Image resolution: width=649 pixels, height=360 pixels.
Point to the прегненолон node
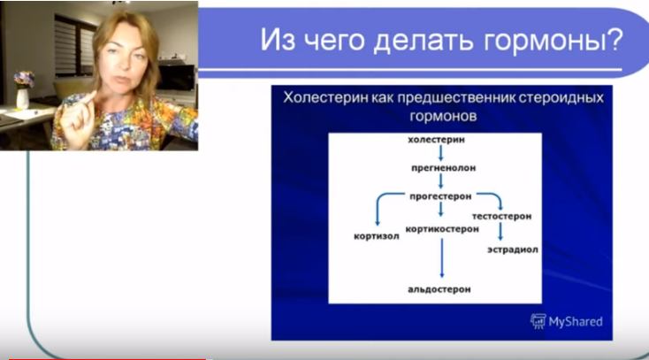pos(439,165)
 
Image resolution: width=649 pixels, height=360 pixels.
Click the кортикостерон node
pos(442,228)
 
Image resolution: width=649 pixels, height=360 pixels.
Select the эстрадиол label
pos(513,249)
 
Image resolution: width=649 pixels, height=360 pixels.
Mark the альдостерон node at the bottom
pos(439,289)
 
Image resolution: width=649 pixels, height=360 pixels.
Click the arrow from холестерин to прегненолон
pos(439,152)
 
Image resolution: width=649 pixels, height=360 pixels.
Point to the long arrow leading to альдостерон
pos(440,258)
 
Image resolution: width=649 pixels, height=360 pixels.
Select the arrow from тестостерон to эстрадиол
pos(500,232)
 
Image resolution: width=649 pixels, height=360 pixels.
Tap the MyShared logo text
pos(574,321)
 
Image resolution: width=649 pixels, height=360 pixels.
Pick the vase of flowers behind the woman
pos(23,88)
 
